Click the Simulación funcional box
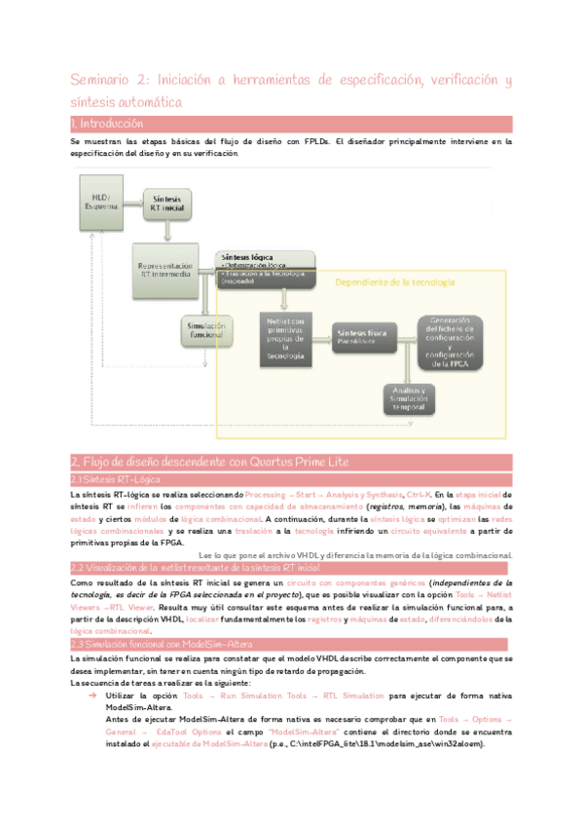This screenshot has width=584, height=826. [206, 330]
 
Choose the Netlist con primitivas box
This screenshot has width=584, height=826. [286, 339]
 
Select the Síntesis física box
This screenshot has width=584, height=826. [367, 337]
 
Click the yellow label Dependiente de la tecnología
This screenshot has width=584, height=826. [394, 282]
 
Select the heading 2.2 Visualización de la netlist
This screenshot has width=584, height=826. [195, 567]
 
